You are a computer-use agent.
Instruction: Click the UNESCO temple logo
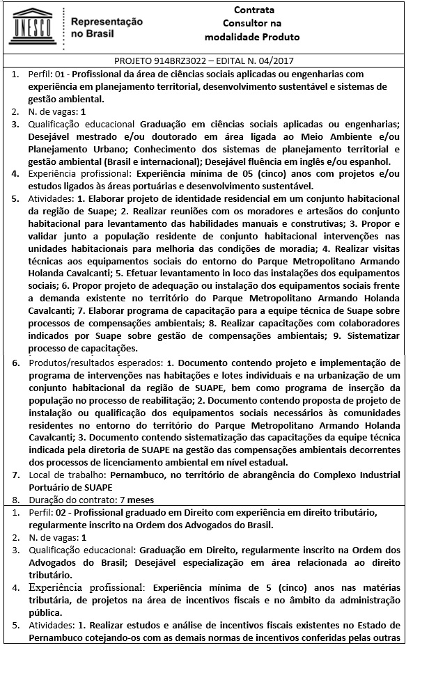(x=32, y=25)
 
